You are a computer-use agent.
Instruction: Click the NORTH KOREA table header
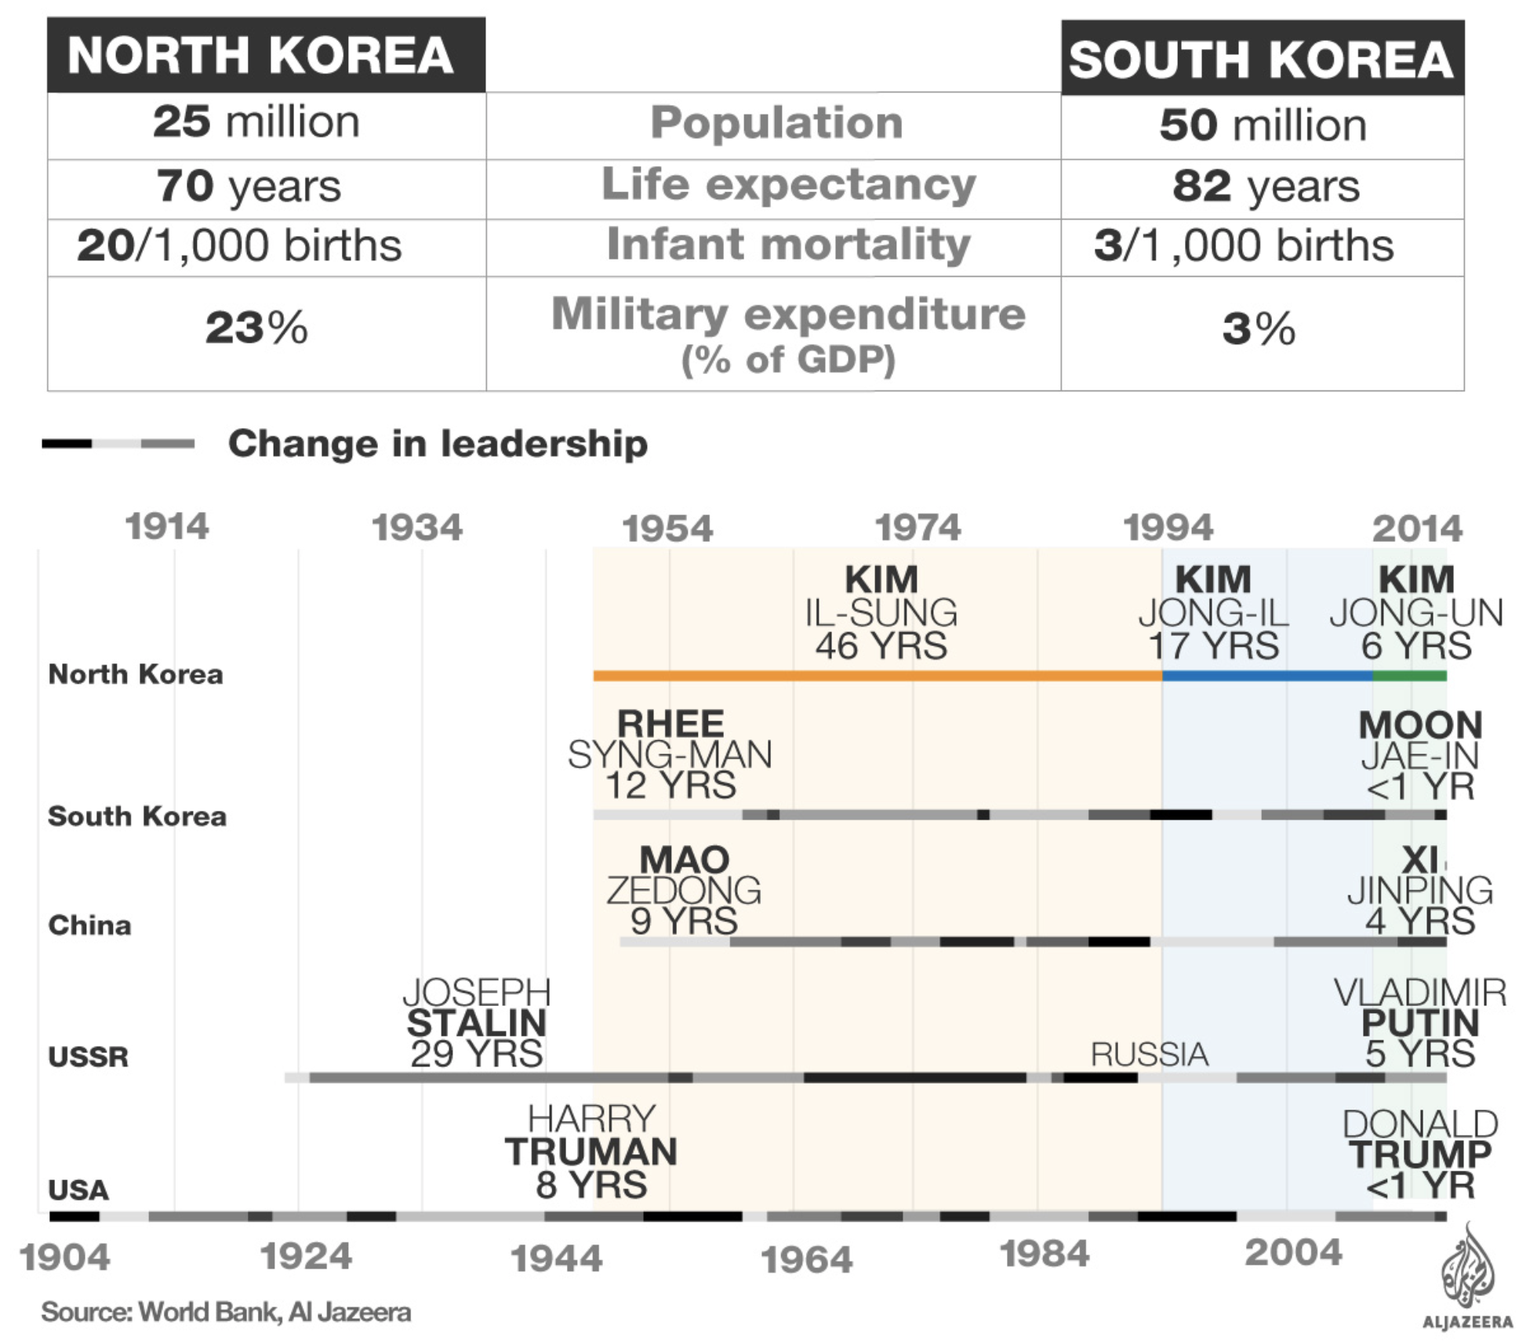tap(260, 55)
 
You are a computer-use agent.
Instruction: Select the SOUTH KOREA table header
tap(1261, 60)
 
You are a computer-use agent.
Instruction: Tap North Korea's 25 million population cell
tap(256, 122)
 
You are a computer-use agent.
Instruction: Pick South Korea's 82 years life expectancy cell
tap(1266, 187)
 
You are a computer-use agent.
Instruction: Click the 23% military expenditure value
tap(256, 328)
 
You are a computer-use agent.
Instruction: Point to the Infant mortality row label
tap(788, 244)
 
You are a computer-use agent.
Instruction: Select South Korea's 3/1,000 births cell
tap(1244, 245)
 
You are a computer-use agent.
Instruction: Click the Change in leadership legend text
tap(438, 444)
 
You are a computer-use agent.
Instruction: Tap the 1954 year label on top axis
tap(667, 529)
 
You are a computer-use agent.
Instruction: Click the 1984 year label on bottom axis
tap(1045, 1254)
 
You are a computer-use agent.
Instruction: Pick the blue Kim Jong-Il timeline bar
tap(1266, 675)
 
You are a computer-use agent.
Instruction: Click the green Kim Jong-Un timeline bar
tap(1409, 675)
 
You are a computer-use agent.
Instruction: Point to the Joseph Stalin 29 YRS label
tap(477, 1023)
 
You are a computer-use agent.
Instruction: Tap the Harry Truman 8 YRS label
tap(591, 1151)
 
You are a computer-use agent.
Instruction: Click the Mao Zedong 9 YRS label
tap(684, 890)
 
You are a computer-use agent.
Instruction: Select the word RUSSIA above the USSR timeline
tap(1150, 1055)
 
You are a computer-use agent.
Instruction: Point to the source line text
tap(226, 1312)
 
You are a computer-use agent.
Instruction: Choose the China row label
tap(89, 925)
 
